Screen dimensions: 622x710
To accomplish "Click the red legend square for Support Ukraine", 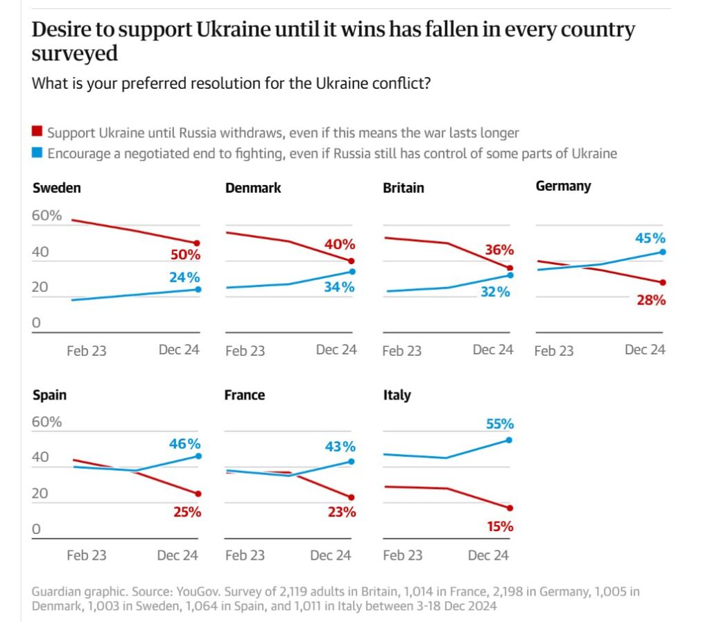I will [37, 132].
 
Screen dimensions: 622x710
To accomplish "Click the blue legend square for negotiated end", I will [37, 153].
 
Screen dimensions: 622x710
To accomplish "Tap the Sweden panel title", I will [57, 188].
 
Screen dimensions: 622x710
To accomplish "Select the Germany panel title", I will [563, 186].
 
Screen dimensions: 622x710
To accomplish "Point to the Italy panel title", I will [397, 395].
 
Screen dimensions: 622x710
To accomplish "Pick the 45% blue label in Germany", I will [650, 238].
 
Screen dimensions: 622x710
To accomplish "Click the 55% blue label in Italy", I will [499, 424].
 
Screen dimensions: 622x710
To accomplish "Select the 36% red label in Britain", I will [499, 250].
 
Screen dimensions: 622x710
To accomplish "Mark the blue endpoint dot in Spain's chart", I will [198, 456].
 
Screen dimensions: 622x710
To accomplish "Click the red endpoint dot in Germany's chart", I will [663, 282].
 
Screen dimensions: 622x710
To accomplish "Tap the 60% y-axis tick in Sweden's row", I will [47, 216].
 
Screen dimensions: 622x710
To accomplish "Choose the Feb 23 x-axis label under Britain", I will [402, 351].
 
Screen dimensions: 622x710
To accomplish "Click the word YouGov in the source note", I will [196, 591].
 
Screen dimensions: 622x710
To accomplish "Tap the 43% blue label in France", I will [340, 447].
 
